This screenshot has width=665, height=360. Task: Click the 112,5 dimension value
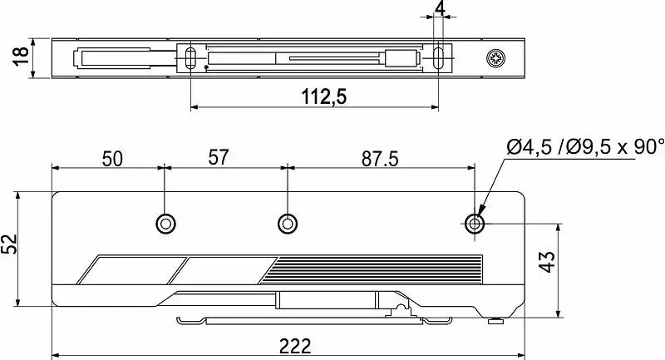324,96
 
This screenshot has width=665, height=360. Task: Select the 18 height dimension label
21,57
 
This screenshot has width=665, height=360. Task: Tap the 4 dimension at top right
441,8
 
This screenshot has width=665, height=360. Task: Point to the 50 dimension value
112,159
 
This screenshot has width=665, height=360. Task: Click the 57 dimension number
219,157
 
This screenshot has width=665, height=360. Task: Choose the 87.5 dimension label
380,159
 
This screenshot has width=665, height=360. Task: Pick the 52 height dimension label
9,244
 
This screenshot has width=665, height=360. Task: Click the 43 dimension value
547,262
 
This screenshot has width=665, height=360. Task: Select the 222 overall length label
295,346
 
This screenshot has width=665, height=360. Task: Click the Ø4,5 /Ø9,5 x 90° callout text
585,147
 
